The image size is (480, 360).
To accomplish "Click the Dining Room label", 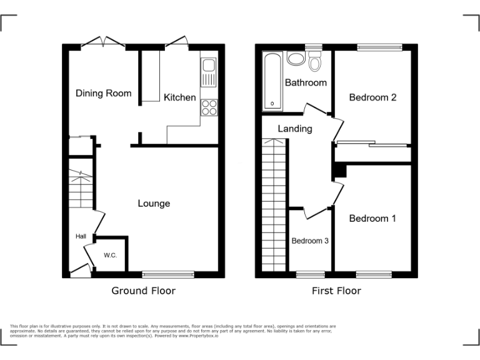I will click(x=104, y=93).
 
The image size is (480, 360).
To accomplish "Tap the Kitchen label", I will click(x=179, y=97).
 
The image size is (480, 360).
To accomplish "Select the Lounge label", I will click(x=154, y=203).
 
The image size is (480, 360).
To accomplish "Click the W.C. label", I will click(x=111, y=255).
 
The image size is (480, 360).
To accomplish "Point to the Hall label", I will click(x=81, y=236).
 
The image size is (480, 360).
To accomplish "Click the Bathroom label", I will click(x=306, y=82).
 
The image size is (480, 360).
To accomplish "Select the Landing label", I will click(x=295, y=129).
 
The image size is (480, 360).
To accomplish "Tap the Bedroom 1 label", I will click(x=372, y=218).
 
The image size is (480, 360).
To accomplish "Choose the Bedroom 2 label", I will click(x=372, y=97).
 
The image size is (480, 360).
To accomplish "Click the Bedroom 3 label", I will click(x=310, y=241).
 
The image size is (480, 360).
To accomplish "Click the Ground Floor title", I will click(x=143, y=291).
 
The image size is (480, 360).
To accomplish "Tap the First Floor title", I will click(x=336, y=291).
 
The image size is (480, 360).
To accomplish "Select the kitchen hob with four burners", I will click(x=208, y=107).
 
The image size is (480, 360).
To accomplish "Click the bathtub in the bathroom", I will click(x=272, y=81).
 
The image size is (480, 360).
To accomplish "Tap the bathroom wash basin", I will click(x=295, y=59).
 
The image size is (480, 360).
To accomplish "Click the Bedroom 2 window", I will click(x=379, y=47).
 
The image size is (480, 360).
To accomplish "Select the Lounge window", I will click(x=167, y=274).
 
